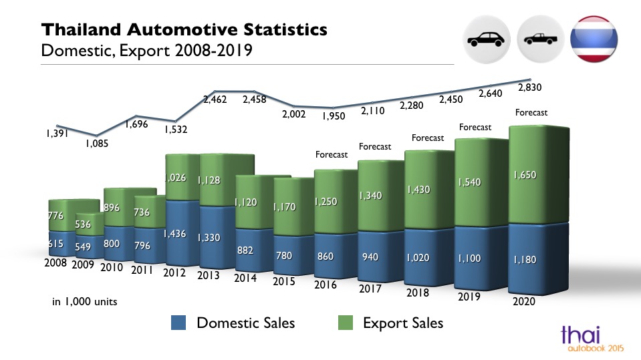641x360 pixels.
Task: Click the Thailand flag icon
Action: click(595, 39)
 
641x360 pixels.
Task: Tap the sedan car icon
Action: click(487, 39)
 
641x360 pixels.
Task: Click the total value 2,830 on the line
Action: click(529, 87)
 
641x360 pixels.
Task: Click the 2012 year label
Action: click(175, 273)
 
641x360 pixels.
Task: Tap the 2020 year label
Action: click(524, 301)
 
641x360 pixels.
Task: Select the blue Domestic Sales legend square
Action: click(178, 323)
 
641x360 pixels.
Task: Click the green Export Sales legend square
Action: click(345, 323)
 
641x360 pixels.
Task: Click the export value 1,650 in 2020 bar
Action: click(525, 175)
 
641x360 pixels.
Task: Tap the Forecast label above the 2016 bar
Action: click(332, 155)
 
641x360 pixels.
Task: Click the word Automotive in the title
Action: click(190, 29)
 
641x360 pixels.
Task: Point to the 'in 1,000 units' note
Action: click(85, 301)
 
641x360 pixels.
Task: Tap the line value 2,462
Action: click(215, 100)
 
